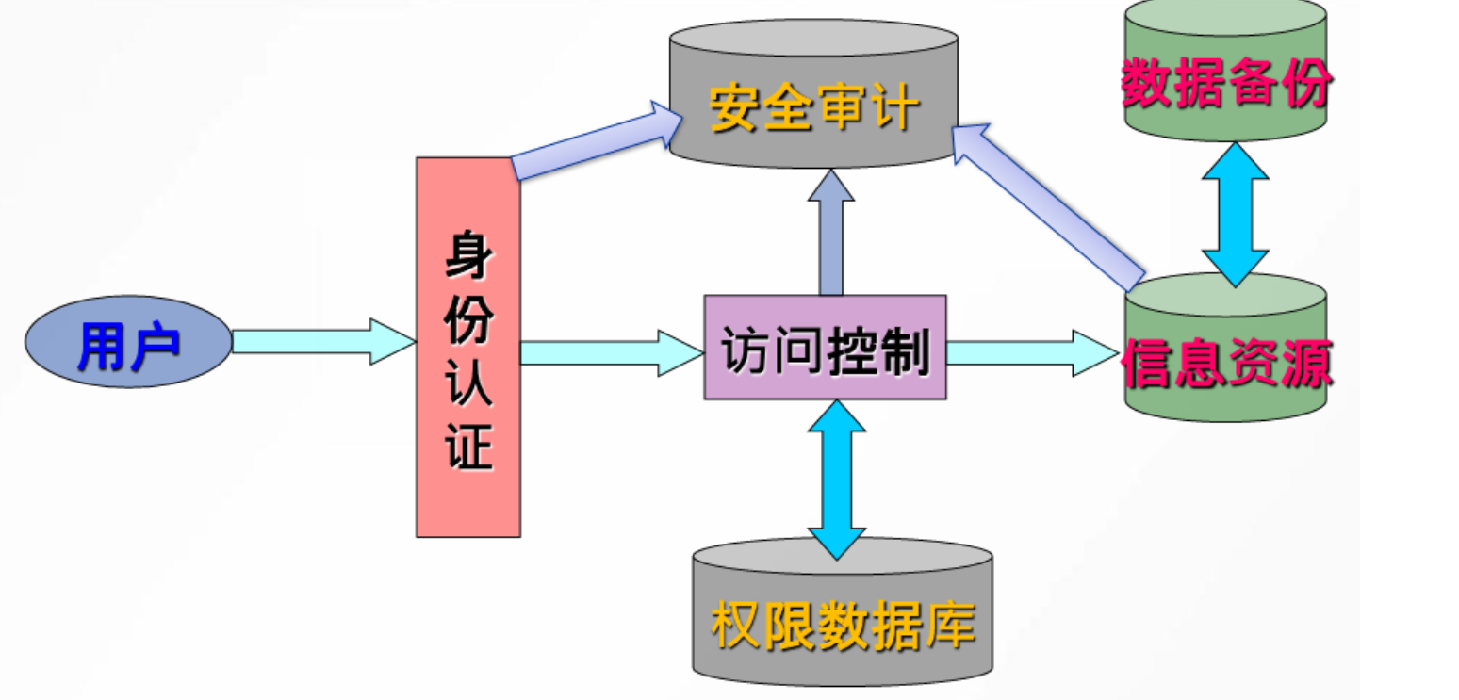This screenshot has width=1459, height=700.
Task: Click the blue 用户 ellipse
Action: click(128, 341)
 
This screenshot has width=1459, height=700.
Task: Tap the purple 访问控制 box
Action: click(825, 347)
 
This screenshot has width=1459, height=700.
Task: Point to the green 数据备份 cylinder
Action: click(1225, 80)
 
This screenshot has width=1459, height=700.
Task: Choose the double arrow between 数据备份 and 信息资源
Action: click(1235, 214)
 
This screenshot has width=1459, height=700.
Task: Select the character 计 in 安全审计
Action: click(893, 108)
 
